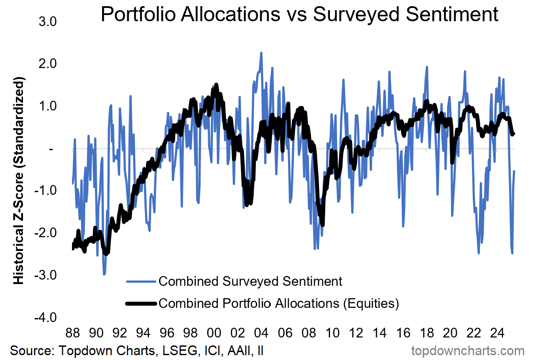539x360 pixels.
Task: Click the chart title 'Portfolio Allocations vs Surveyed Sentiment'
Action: [300, 15]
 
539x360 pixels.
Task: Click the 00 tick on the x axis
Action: [214, 332]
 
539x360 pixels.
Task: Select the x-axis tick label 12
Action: [356, 332]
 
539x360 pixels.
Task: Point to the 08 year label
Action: [308, 332]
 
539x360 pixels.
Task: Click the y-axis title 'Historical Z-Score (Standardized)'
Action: [19, 181]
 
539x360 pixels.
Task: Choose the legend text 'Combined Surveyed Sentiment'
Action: [250, 281]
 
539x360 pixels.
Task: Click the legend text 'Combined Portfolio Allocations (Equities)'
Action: [279, 303]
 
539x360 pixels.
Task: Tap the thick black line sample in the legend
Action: [141, 303]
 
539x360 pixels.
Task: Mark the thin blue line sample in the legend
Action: [141, 281]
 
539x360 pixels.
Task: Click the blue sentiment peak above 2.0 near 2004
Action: [261, 53]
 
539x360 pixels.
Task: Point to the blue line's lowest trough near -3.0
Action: [104, 274]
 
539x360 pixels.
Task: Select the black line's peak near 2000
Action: [216, 84]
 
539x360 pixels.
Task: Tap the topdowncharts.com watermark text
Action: [468, 351]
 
